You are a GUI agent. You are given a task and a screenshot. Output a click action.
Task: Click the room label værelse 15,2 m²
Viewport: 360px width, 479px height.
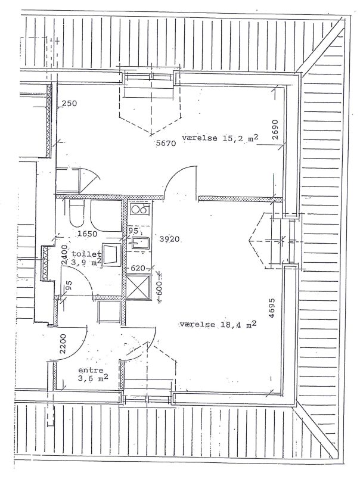coord(220,138)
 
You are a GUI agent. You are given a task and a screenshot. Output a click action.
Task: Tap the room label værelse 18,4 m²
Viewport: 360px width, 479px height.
coord(218,324)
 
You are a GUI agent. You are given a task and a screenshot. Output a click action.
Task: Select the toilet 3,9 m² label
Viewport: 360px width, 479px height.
coord(87,259)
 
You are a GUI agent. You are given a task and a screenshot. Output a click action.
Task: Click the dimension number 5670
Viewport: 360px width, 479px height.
coord(166,142)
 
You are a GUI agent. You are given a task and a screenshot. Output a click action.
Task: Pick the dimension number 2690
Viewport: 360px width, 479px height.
coord(275,129)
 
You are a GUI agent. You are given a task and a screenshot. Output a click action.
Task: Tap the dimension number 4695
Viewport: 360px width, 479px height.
coord(272,308)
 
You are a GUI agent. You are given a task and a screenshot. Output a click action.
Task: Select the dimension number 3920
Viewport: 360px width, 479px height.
coord(169,239)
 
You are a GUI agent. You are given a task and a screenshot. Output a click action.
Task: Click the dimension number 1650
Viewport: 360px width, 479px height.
coord(88,234)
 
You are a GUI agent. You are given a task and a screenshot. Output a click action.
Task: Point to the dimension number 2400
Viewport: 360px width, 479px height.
coord(65,255)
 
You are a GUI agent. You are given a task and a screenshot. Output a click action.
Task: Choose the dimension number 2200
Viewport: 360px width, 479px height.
coord(62,344)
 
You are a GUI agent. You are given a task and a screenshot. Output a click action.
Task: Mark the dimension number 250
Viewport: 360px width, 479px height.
coord(69,104)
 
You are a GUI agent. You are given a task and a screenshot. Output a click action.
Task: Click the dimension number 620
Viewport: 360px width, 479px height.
coord(138,269)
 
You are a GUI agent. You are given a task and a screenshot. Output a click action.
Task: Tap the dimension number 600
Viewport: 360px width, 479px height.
coord(159,287)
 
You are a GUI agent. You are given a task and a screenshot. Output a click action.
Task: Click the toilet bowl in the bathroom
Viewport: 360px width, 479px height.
coord(76,213)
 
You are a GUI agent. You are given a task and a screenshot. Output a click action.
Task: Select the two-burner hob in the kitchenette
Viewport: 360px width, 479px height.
coord(139,209)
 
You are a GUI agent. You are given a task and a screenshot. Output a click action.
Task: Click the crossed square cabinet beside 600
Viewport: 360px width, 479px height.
coord(139,286)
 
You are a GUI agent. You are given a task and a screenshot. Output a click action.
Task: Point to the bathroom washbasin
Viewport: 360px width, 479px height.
coord(110,254)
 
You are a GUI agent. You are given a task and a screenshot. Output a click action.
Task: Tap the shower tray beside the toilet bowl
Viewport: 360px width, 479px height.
coord(107,214)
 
